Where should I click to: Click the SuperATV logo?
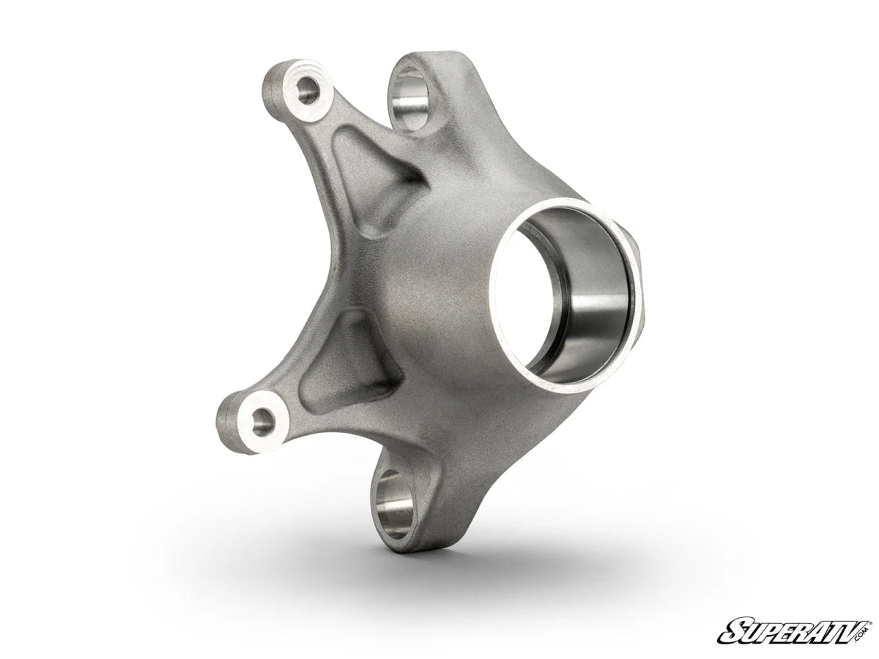[794, 630]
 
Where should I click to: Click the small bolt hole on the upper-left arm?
[308, 92]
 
